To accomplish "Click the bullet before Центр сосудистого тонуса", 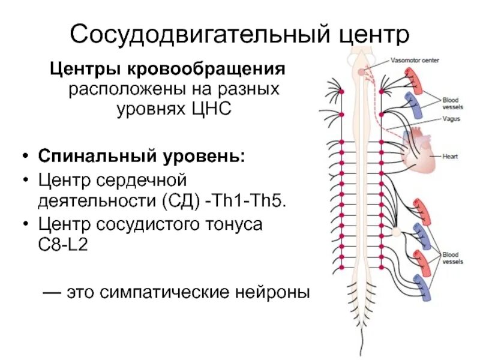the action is (25, 224).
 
